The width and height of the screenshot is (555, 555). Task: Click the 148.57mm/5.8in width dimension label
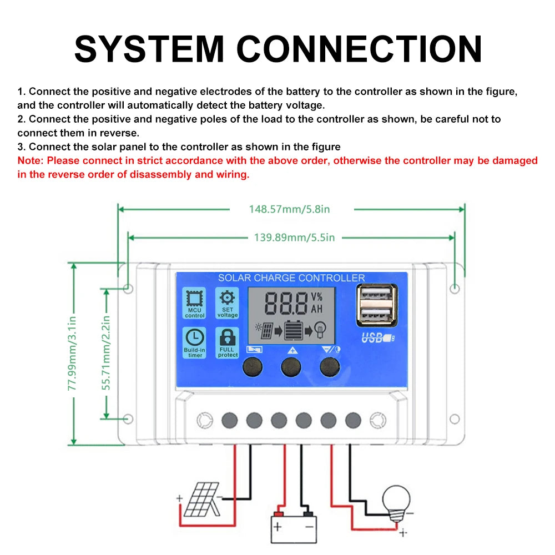click(x=289, y=209)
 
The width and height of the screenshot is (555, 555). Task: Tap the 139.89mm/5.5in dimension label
click(x=294, y=238)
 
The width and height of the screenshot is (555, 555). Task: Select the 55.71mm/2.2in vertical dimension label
click(x=107, y=353)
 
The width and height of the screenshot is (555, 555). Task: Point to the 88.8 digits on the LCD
click(x=286, y=303)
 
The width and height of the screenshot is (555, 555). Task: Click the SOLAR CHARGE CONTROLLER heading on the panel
click(x=291, y=278)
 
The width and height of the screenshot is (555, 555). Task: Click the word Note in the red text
click(x=31, y=161)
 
